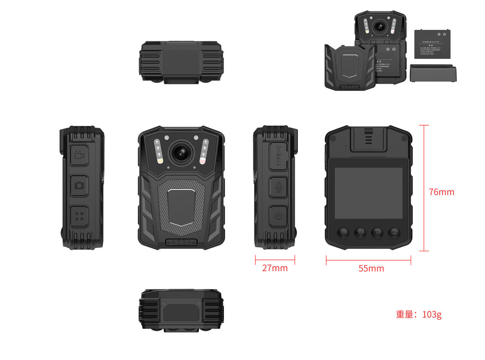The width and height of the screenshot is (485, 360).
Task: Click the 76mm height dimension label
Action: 441,192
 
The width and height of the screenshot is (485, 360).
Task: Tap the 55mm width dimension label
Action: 371,268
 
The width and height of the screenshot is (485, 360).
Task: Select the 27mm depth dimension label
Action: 275,268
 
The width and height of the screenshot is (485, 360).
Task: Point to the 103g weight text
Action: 419,314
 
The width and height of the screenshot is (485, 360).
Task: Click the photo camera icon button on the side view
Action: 79,185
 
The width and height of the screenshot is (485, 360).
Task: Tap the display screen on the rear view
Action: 368,193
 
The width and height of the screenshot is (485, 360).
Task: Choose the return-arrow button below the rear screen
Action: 394,233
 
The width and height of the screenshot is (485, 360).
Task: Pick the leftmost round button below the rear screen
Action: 343,233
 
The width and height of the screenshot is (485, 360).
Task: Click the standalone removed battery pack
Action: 432,44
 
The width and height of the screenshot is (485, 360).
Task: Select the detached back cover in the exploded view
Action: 350,67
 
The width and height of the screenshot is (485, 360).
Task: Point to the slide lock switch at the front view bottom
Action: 181,242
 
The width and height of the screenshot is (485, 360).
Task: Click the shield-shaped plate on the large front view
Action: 181,206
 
